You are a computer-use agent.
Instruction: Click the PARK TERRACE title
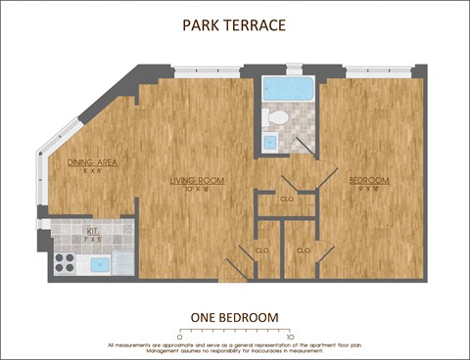tap(234, 24)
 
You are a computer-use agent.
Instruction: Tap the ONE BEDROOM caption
tap(234, 317)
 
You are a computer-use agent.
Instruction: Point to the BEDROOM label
tap(369, 180)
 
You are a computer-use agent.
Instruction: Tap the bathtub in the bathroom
tap(288, 90)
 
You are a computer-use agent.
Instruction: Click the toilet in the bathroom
tap(277, 118)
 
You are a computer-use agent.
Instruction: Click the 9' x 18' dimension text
tap(369, 189)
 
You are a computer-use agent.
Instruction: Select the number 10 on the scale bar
tap(291, 336)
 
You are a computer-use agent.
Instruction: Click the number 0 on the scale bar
tap(179, 336)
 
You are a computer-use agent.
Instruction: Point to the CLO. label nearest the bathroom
tap(287, 199)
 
